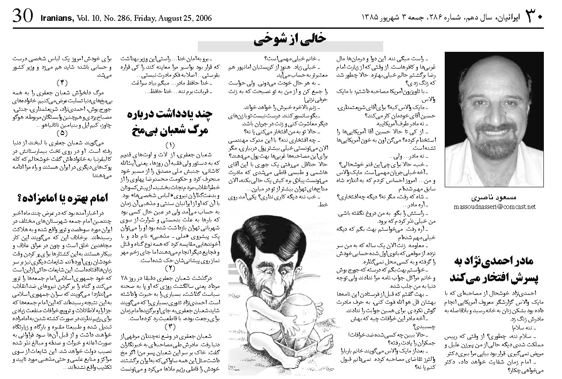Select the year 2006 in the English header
[x=203, y=18]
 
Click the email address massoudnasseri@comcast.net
[x=494, y=207]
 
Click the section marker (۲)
[x=170, y=268]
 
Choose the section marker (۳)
[x=170, y=327]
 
